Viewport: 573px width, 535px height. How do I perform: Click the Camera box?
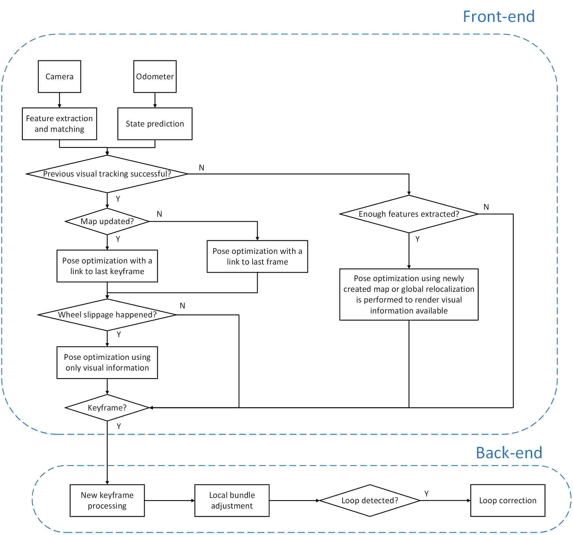coord(59,76)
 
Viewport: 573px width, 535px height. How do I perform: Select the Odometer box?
coord(155,76)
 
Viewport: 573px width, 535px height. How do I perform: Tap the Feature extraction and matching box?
coord(59,124)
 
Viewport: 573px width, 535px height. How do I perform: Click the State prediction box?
coord(155,124)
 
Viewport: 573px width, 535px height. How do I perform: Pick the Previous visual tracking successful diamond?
coord(107,174)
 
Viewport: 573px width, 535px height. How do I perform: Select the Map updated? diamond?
coord(107,222)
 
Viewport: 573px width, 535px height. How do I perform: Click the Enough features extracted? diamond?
coord(409,214)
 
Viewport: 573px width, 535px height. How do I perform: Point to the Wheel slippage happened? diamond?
coord(107,315)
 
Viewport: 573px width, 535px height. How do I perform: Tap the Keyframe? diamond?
coord(107,408)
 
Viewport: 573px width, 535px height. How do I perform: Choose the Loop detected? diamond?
coord(370,500)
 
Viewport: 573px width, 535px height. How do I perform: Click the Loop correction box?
coord(508,500)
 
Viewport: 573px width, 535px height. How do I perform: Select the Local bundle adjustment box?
coord(232,500)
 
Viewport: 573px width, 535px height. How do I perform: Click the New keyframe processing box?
coord(107,500)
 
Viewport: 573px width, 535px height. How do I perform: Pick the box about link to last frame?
coord(257,256)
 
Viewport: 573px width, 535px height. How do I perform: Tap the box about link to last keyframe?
coord(107,266)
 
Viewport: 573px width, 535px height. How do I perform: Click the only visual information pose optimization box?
coord(107,363)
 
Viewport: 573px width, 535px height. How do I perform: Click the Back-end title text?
coord(509,453)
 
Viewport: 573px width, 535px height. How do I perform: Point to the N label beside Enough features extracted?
coord(486,207)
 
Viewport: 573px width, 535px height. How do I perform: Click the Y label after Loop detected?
coord(427,494)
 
